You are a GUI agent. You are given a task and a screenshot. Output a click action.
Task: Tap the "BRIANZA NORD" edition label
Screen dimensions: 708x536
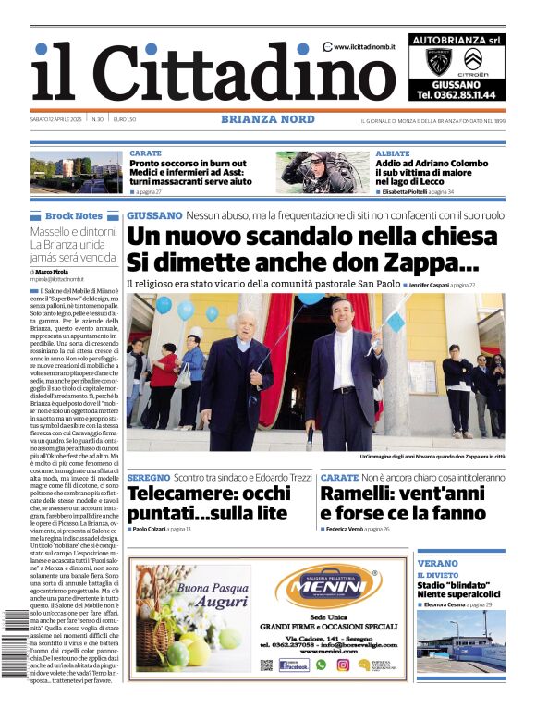(267, 119)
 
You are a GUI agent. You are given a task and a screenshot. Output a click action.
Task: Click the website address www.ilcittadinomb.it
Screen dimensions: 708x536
(366, 47)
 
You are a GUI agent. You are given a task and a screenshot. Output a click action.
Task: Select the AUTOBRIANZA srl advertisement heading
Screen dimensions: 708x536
(456, 41)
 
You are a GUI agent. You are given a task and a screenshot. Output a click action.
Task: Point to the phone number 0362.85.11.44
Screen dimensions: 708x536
(456, 94)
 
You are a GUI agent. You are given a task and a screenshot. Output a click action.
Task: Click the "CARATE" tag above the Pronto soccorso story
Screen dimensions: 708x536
(145, 153)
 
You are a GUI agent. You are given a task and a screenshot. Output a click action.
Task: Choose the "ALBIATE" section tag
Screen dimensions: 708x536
(393, 153)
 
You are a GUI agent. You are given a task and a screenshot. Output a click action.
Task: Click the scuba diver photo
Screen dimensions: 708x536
(323, 172)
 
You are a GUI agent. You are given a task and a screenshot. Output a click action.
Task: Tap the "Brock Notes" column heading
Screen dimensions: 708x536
(74, 216)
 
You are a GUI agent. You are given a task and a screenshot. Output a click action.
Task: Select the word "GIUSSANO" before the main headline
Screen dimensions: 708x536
(154, 215)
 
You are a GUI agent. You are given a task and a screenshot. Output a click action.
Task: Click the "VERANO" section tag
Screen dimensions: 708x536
(437, 563)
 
